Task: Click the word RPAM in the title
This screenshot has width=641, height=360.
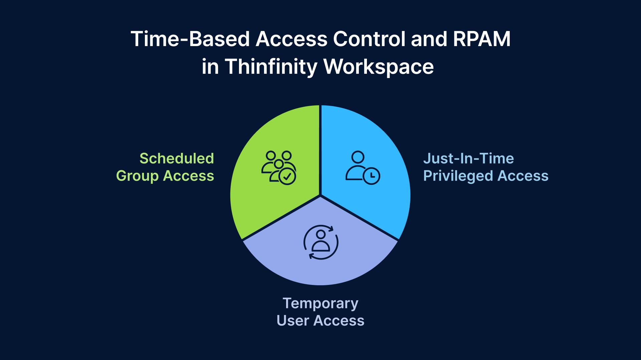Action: pos(481,39)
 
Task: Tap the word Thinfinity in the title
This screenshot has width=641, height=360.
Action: pos(271,67)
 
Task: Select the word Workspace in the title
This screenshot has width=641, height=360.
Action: pos(379,67)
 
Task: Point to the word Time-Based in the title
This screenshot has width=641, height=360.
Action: pos(190,39)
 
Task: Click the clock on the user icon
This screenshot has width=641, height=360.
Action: pos(371,176)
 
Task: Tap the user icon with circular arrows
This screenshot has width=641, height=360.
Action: pos(321,242)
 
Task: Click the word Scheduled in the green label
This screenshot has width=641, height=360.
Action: pos(177,158)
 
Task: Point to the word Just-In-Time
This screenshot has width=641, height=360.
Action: pos(468,158)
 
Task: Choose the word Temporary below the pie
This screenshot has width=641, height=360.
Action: pos(320,303)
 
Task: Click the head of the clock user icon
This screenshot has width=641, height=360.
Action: pos(358,157)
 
